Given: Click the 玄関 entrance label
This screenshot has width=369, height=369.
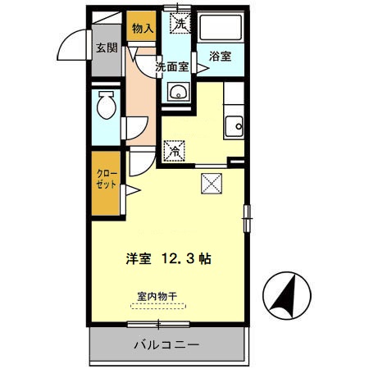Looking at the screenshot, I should pyautogui.click(x=106, y=48).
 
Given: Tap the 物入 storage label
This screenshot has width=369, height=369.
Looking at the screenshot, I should pyautogui.click(x=143, y=29).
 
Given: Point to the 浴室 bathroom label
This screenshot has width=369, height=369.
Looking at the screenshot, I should pyautogui.click(x=219, y=57).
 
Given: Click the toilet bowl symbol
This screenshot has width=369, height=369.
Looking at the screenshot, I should pyautogui.click(x=106, y=106).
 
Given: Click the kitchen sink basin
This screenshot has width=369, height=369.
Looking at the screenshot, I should pyautogui.click(x=235, y=125).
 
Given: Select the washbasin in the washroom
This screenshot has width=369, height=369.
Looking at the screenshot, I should pyautogui.click(x=176, y=93).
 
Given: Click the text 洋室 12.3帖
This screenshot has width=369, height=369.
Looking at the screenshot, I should pyautogui.click(x=168, y=257).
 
